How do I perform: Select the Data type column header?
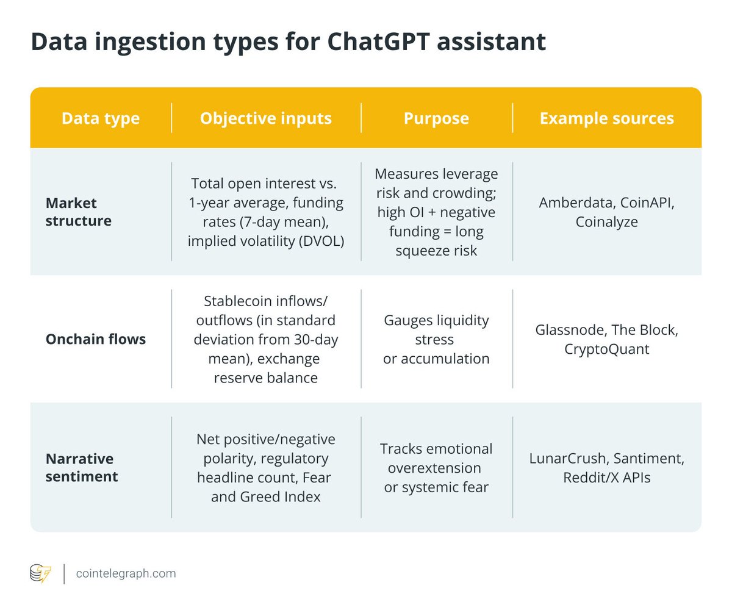101,118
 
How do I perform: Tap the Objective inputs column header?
266,118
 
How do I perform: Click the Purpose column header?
436,118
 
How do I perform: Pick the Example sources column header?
606,118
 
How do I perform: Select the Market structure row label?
79,212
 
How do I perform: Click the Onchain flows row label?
96,339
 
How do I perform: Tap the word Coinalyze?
606,221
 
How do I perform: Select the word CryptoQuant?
606,349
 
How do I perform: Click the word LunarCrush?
567,458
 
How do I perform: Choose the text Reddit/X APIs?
606,477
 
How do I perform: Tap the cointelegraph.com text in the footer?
126,573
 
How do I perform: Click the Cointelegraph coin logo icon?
41,574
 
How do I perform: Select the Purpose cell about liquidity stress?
436,339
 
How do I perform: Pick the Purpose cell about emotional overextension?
436,468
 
